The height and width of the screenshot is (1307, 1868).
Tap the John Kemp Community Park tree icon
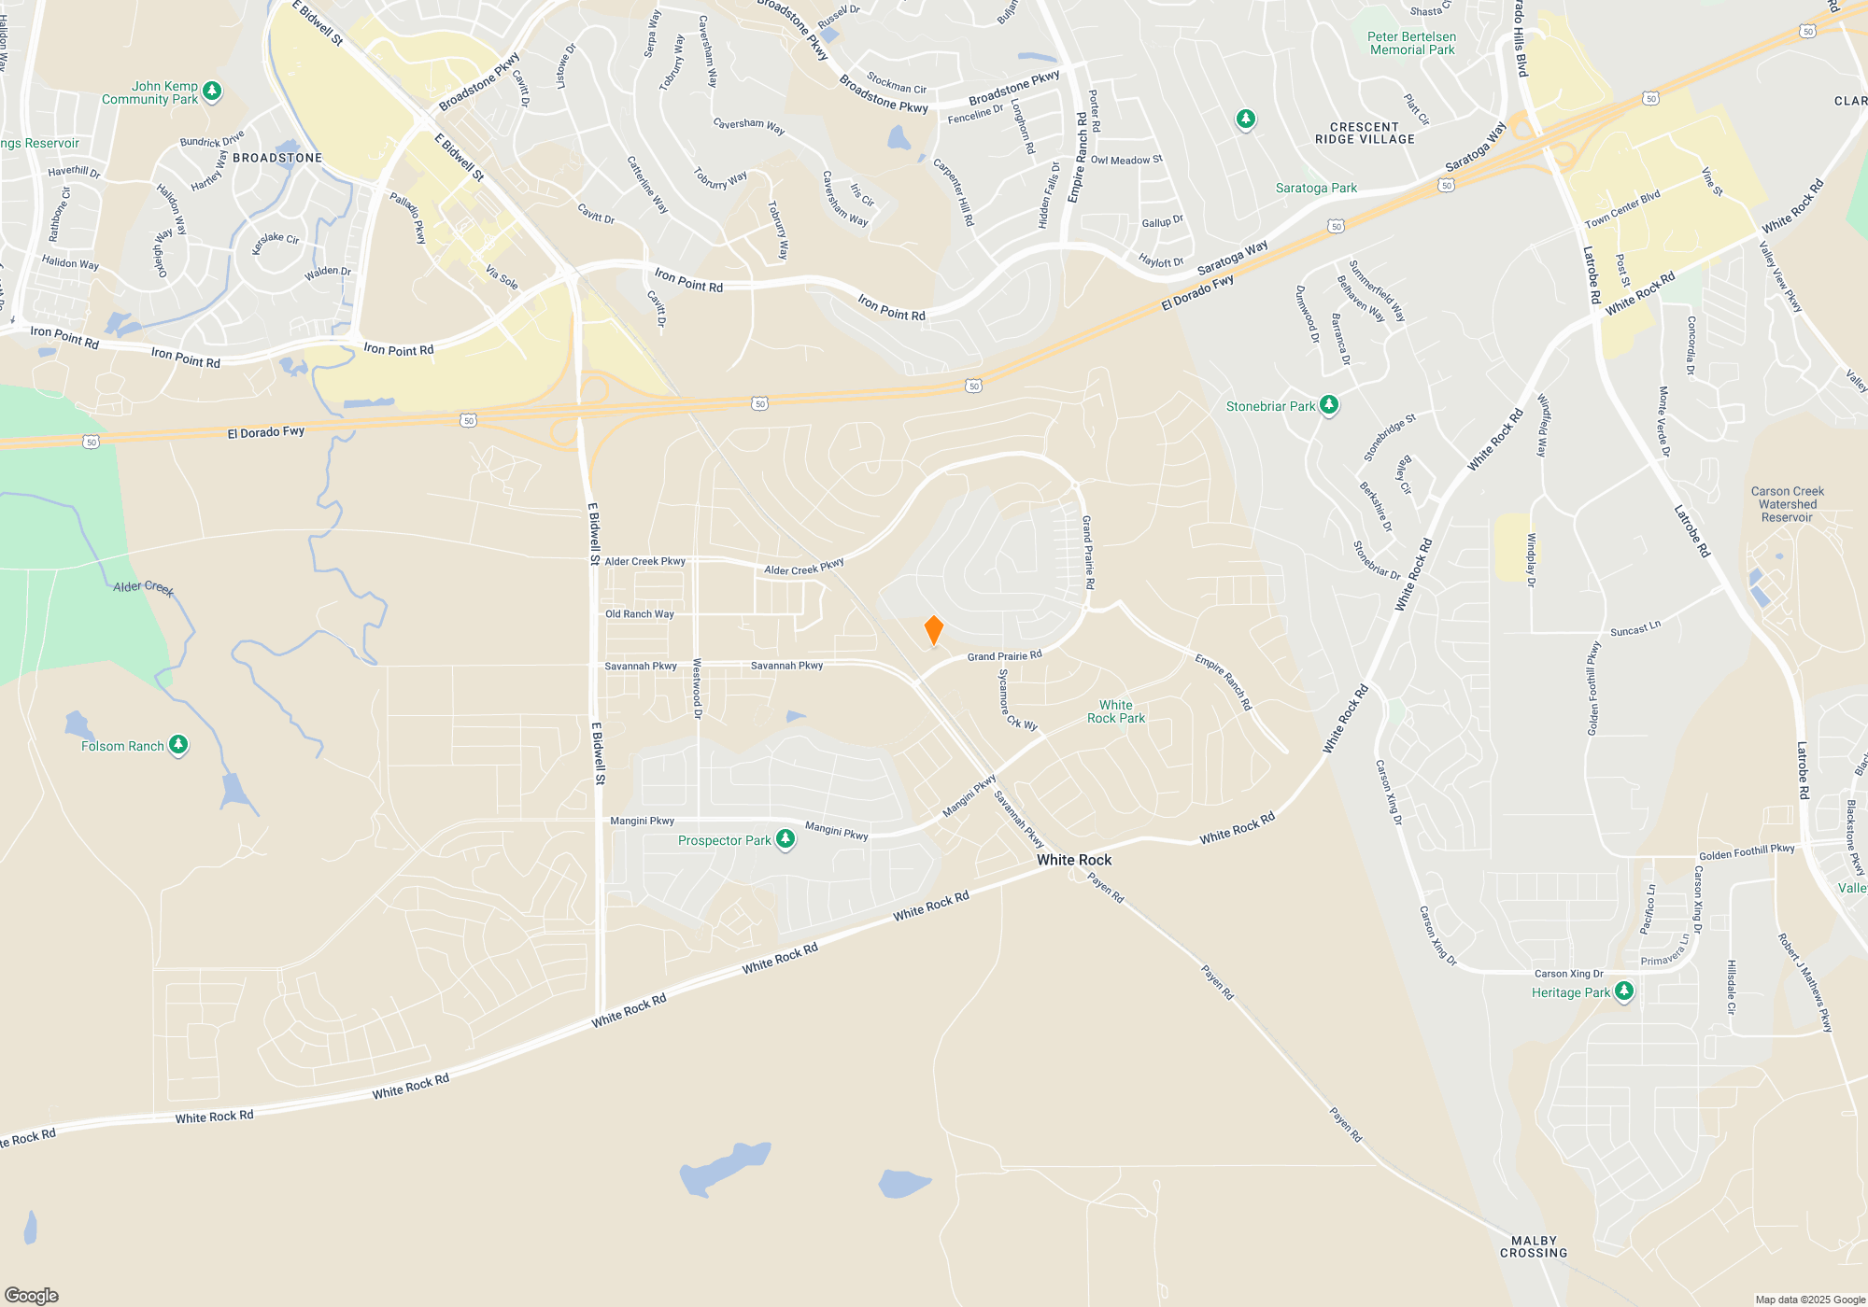(212, 91)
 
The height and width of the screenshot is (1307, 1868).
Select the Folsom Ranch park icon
(178, 745)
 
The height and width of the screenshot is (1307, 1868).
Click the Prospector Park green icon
(785, 839)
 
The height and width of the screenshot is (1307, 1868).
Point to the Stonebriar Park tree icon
(1329, 405)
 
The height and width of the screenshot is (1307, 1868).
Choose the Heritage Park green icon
(1624, 991)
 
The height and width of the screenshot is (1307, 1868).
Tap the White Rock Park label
(1115, 711)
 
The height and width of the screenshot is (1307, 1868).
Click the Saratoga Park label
(1316, 188)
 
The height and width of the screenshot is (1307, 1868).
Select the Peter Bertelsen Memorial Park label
(1411, 43)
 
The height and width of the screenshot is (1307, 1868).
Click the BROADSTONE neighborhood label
(277, 158)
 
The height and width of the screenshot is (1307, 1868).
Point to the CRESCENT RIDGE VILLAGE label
(1365, 134)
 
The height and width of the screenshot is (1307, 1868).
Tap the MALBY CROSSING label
(1534, 1247)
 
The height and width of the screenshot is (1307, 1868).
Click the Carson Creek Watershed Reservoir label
(1787, 504)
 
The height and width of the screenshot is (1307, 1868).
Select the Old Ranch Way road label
(639, 614)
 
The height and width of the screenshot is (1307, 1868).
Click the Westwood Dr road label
(697, 688)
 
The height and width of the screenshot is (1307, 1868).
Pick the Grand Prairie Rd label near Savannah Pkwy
(1004, 656)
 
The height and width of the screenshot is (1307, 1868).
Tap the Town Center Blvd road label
(1622, 209)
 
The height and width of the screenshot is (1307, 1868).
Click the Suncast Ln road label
(1635, 629)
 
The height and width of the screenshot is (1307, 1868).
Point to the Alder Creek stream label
(143, 587)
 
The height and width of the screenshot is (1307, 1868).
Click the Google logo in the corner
(32, 1295)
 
